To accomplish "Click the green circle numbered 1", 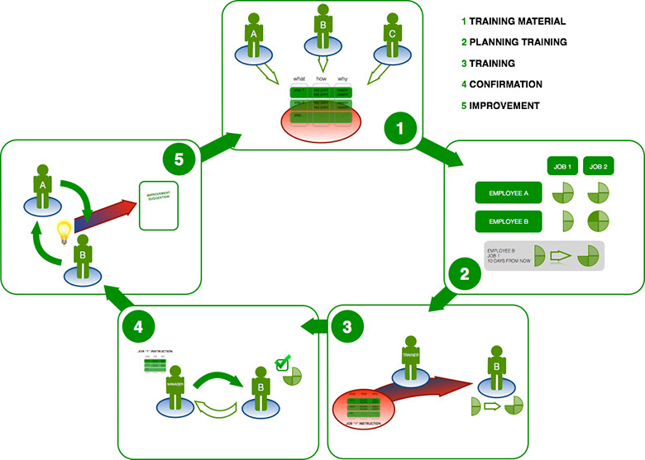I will click(x=401, y=130).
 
